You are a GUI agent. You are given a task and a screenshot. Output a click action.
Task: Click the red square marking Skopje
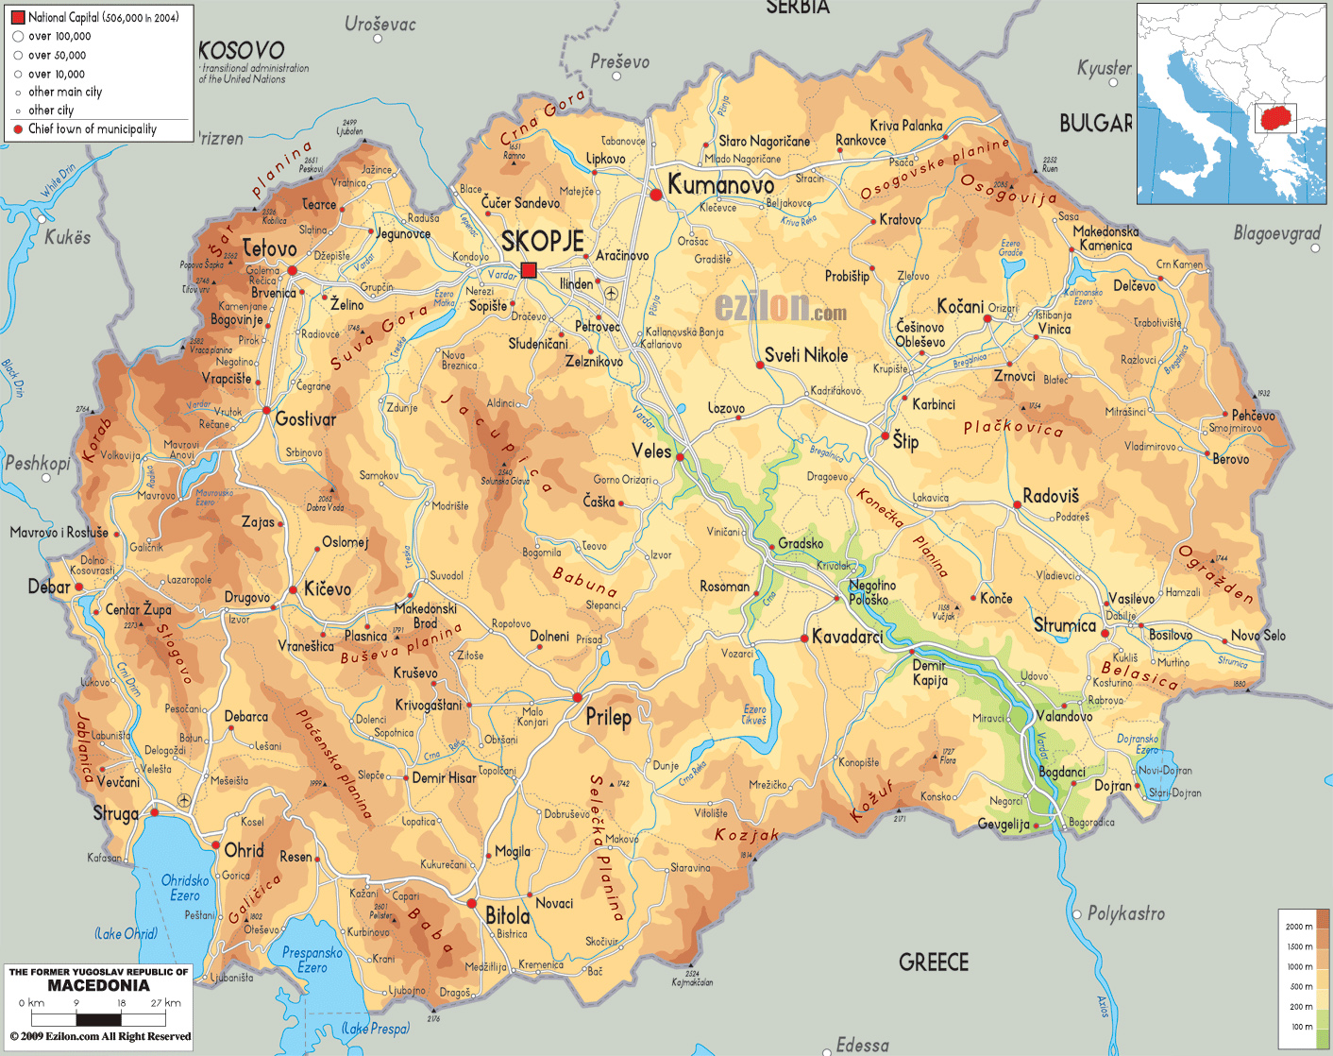(529, 270)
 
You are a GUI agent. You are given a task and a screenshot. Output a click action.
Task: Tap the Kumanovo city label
(720, 185)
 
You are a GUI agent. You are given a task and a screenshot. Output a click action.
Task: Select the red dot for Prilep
(578, 698)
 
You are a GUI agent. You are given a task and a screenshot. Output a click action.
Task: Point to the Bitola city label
(507, 915)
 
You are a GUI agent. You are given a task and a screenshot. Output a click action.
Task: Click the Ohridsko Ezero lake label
(185, 888)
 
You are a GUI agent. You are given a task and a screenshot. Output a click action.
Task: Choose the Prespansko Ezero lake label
(312, 960)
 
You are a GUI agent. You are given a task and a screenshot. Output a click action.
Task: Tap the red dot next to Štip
(885, 436)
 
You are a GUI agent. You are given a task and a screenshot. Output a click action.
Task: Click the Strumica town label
(1064, 625)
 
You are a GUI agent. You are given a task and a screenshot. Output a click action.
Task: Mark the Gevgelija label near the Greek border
(1004, 824)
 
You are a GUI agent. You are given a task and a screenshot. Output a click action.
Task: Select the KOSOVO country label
(241, 50)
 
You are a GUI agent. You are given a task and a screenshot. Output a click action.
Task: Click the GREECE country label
(934, 962)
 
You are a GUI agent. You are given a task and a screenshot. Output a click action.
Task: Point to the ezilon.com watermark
(780, 307)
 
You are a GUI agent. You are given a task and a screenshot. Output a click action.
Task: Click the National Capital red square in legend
(17, 17)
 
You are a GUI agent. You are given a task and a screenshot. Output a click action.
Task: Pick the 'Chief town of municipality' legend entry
(92, 129)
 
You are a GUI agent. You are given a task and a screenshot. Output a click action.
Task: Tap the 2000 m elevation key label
(1298, 927)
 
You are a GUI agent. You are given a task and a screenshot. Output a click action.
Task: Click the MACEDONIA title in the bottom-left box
(98, 985)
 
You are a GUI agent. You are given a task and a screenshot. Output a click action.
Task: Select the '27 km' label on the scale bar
(165, 1003)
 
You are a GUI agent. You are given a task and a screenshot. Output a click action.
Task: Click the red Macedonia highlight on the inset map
(1275, 119)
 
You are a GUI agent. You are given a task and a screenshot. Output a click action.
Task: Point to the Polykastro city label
(1125, 913)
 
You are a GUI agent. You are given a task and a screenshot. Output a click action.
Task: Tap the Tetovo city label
(269, 249)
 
